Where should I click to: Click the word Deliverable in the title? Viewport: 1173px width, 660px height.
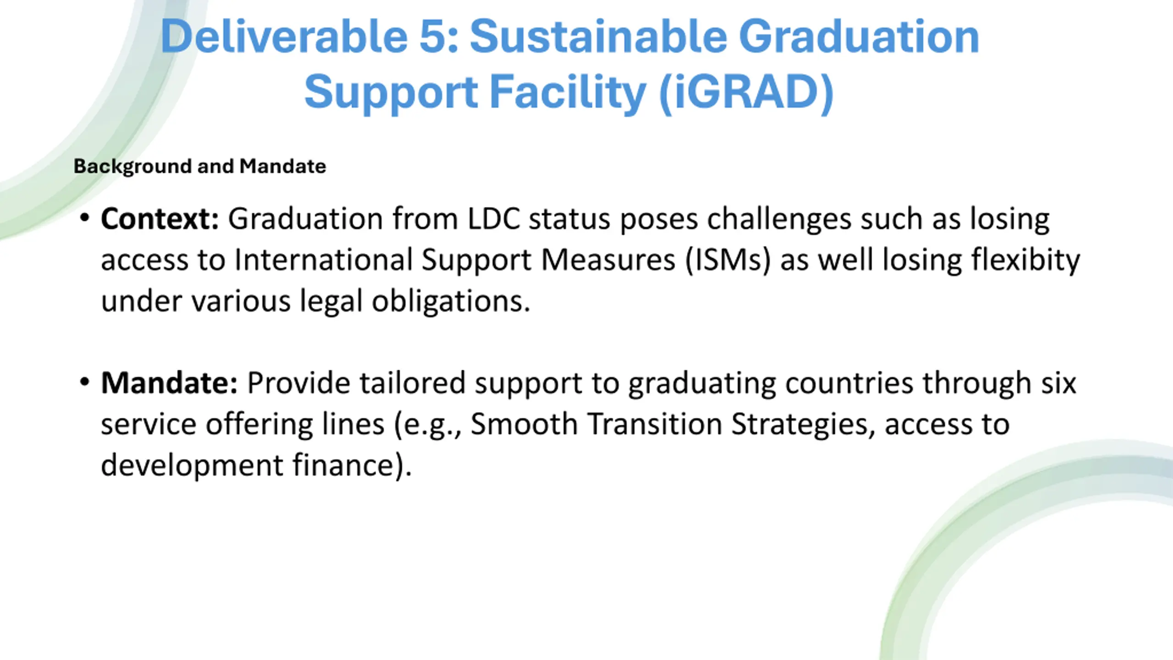[284, 36]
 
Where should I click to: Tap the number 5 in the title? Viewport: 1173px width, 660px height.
[434, 37]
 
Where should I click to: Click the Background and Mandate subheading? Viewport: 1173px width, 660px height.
[200, 166]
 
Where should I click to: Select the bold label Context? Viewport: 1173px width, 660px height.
[160, 219]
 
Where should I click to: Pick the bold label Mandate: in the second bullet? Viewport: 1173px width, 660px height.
[169, 383]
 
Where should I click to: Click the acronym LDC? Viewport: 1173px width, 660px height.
[494, 219]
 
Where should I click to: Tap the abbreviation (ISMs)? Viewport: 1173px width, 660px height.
[728, 260]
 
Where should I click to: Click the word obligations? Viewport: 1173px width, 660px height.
[451, 302]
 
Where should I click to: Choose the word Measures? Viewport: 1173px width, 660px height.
[608, 260]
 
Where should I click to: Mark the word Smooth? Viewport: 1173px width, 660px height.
[524, 424]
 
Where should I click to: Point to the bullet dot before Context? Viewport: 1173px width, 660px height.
[84, 218]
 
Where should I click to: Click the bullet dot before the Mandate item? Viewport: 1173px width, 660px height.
[84, 382]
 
